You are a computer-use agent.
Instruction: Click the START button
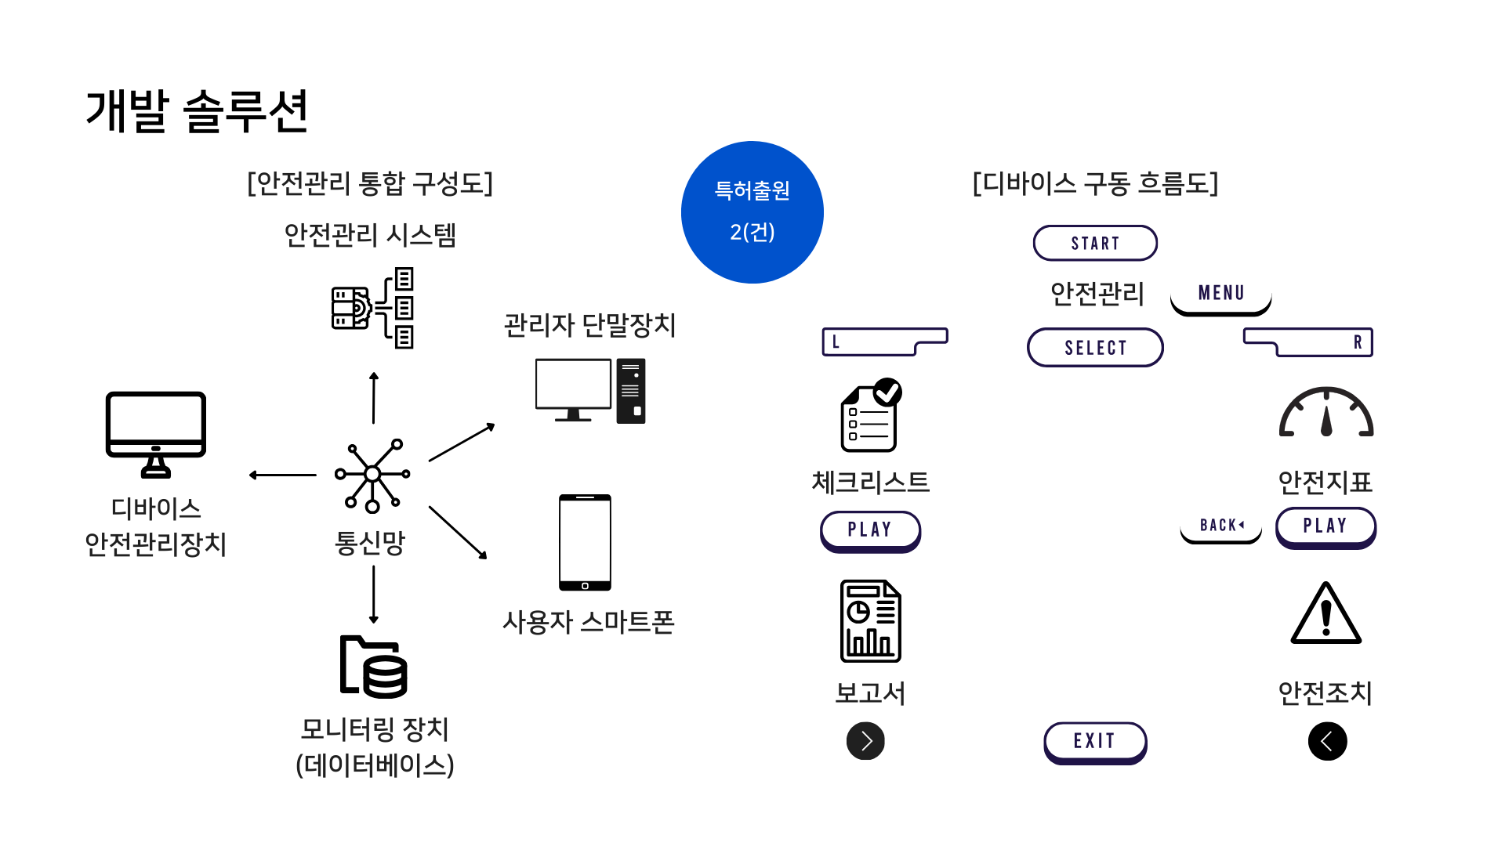(x=1095, y=243)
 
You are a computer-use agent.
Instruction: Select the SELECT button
(x=1095, y=347)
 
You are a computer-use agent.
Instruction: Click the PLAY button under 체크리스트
(x=870, y=530)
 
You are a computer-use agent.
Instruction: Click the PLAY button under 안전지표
(x=1325, y=526)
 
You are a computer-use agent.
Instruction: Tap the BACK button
(x=1220, y=526)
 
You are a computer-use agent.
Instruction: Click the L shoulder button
(x=884, y=342)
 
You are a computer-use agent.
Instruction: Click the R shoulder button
(x=1308, y=342)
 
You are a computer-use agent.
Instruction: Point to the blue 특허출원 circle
(x=752, y=212)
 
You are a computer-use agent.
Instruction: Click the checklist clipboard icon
(x=870, y=416)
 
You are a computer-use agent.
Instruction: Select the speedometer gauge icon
(x=1325, y=413)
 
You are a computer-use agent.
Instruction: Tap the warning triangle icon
(x=1325, y=614)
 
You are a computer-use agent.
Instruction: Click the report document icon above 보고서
(x=870, y=621)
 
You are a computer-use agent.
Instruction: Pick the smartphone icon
(x=585, y=542)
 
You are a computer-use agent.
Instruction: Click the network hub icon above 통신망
(x=372, y=475)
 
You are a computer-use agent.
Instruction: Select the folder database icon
(x=373, y=667)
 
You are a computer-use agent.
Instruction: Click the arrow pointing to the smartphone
(x=458, y=533)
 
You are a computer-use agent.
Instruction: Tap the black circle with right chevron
(x=865, y=741)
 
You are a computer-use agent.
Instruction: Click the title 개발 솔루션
(x=197, y=111)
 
